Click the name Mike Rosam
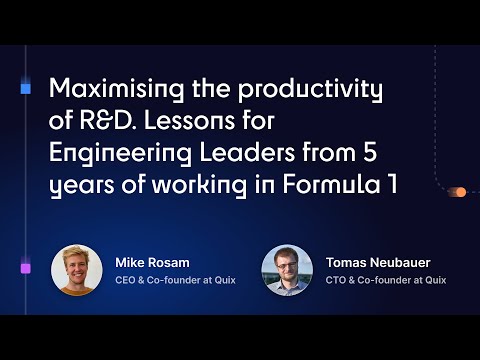click(152, 263)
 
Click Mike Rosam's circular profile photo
click(76, 270)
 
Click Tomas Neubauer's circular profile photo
click(287, 270)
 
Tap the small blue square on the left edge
click(25, 89)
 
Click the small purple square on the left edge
click(25, 268)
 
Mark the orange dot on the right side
click(461, 192)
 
